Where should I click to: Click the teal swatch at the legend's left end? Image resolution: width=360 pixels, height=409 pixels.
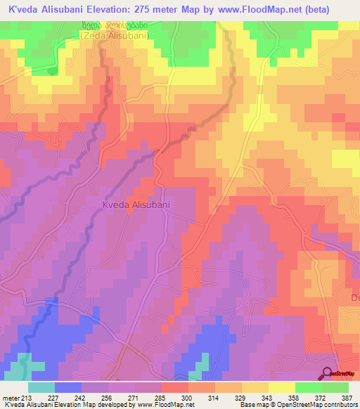click(41, 387)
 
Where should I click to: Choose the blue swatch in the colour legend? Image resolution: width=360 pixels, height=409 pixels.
click(68, 387)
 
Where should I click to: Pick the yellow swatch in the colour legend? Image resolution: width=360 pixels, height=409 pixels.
click(282, 387)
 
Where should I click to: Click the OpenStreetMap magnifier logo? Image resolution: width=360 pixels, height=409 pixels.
click(328, 373)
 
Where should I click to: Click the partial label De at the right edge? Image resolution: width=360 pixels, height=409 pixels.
click(354, 298)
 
